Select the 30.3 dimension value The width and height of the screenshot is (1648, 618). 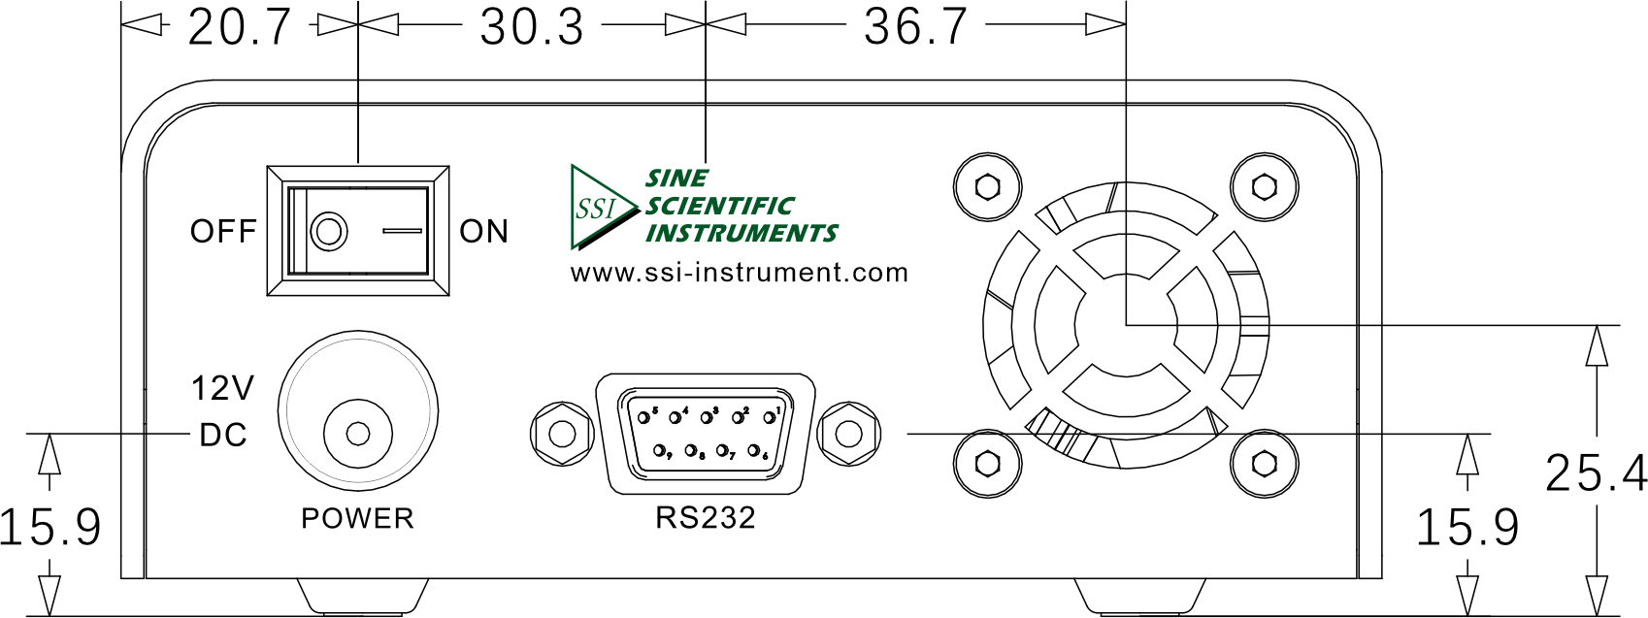(x=532, y=29)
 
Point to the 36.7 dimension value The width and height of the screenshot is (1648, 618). (x=915, y=29)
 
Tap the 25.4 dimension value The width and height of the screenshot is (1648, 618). (x=1595, y=473)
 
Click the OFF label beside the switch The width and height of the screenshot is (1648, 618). (x=223, y=232)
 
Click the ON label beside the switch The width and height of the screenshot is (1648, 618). (x=484, y=232)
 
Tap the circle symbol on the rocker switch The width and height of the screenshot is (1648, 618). (x=329, y=232)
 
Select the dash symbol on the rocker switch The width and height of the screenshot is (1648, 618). (x=403, y=232)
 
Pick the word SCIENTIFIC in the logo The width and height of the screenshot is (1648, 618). (x=719, y=206)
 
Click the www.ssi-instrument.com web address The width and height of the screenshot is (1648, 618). (x=740, y=273)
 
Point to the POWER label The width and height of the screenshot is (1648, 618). (x=357, y=519)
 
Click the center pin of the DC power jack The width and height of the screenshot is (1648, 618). (x=358, y=434)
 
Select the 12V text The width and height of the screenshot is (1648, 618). (x=223, y=388)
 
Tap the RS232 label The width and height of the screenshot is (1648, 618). (x=706, y=518)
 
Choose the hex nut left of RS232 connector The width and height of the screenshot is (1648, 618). (x=561, y=434)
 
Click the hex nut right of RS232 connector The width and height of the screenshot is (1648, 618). (x=849, y=434)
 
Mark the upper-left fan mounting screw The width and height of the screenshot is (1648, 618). (x=987, y=187)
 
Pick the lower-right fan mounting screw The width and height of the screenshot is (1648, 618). (x=1264, y=464)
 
